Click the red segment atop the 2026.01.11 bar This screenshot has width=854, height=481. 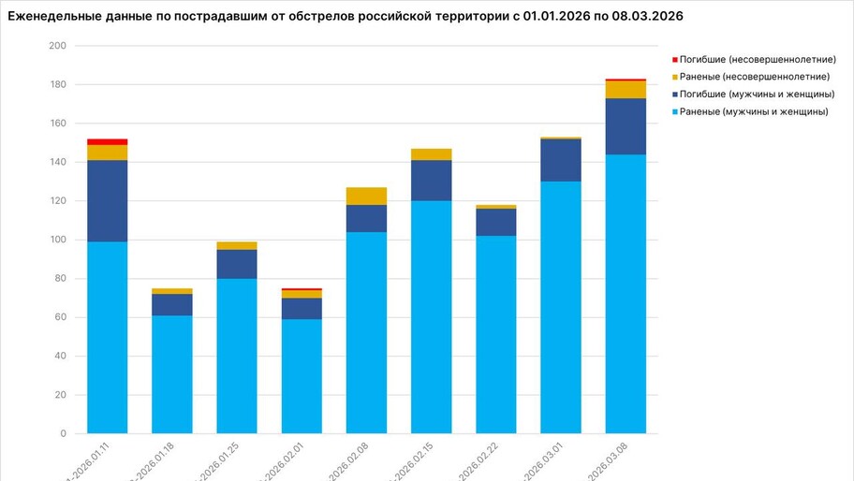pyautogui.click(x=108, y=142)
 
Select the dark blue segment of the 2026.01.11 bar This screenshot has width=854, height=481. pyautogui.click(x=108, y=201)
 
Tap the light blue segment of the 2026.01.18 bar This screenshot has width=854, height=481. pyautogui.click(x=172, y=374)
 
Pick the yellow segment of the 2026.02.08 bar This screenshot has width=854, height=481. pyautogui.click(x=366, y=196)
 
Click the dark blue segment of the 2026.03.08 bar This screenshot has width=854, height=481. pyautogui.click(x=626, y=126)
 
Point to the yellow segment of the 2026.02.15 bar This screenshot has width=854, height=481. pyautogui.click(x=431, y=154)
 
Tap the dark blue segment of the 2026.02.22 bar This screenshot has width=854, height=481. pyautogui.click(x=496, y=222)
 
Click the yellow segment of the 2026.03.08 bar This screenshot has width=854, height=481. pyautogui.click(x=626, y=90)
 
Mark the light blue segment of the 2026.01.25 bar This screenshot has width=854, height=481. pyautogui.click(x=237, y=356)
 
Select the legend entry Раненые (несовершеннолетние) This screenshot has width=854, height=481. pyautogui.click(x=755, y=77)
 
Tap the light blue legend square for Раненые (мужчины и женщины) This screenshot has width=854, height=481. pyautogui.click(x=675, y=112)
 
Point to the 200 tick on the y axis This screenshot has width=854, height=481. pyautogui.click(x=57, y=46)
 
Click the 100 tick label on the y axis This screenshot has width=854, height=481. pyautogui.click(x=57, y=240)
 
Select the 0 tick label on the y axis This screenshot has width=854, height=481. pyautogui.click(x=63, y=434)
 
